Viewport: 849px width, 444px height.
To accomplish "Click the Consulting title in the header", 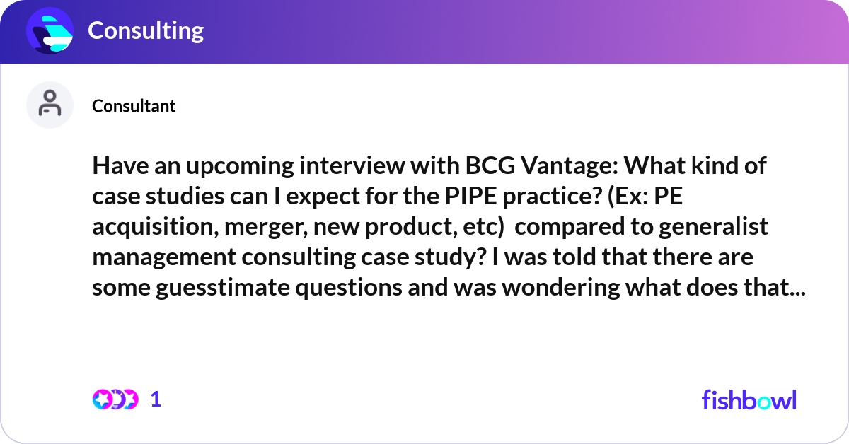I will click(x=145, y=30).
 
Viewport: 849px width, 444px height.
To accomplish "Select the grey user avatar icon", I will click(x=50, y=105).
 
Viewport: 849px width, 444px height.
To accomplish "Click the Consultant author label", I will click(x=134, y=106).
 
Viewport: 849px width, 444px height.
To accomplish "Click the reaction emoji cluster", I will click(x=115, y=399).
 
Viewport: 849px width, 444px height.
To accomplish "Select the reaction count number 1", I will click(x=156, y=399).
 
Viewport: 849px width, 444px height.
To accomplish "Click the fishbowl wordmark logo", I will click(x=749, y=399).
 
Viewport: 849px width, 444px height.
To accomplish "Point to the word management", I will click(x=168, y=259).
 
